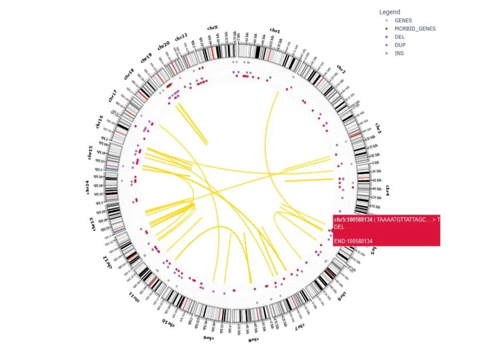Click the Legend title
tap(390, 12)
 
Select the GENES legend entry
tap(403, 21)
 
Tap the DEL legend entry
tap(399, 37)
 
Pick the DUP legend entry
tap(400, 45)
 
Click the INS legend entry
tap(399, 53)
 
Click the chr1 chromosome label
tap(275, 30)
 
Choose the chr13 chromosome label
tap(92, 223)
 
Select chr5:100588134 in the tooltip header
tap(357, 219)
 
